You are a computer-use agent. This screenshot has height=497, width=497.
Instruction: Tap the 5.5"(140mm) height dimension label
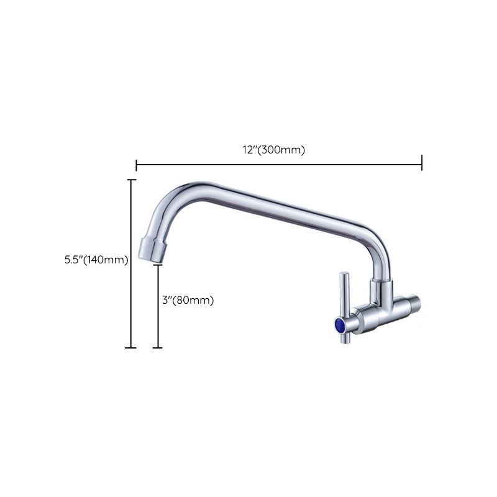point(96,261)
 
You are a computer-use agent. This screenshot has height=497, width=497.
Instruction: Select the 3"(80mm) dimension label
point(187,300)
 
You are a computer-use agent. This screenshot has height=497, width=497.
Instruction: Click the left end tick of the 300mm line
point(136,165)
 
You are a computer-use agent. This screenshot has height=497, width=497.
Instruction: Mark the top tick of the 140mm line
point(131,180)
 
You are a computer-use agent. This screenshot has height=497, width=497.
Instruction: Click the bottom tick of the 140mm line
point(130,347)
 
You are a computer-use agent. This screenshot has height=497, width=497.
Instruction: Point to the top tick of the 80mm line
point(157,265)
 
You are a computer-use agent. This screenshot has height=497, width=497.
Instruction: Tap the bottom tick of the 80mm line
point(157,347)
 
